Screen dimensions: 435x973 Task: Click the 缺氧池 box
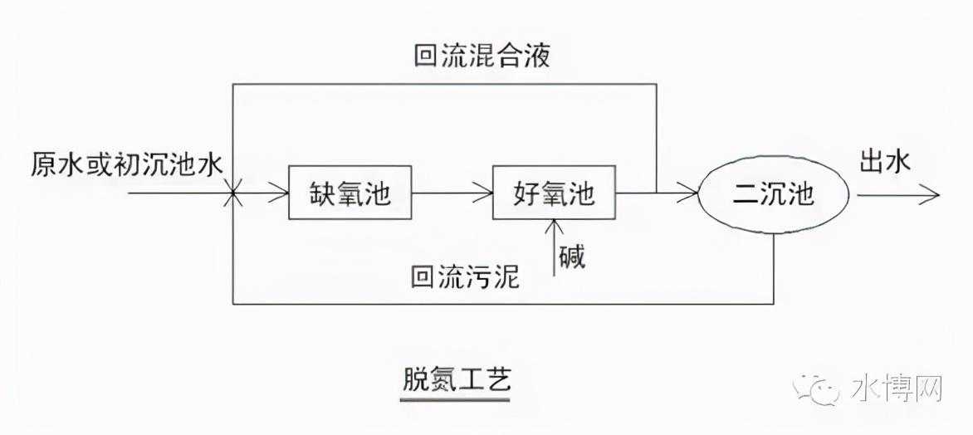(350, 194)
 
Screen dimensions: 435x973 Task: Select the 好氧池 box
(555, 194)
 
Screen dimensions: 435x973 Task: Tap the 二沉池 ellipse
(774, 194)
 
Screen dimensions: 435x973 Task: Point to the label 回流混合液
(482, 56)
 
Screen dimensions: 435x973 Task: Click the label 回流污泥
(465, 276)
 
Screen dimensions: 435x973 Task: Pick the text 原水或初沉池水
(126, 164)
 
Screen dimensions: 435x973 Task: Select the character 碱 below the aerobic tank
(571, 257)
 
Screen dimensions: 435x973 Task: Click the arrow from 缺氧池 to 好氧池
(452, 195)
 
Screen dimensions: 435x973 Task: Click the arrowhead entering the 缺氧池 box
(281, 195)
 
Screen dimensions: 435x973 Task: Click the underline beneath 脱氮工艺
(453, 400)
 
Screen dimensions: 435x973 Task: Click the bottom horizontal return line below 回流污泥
(498, 304)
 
